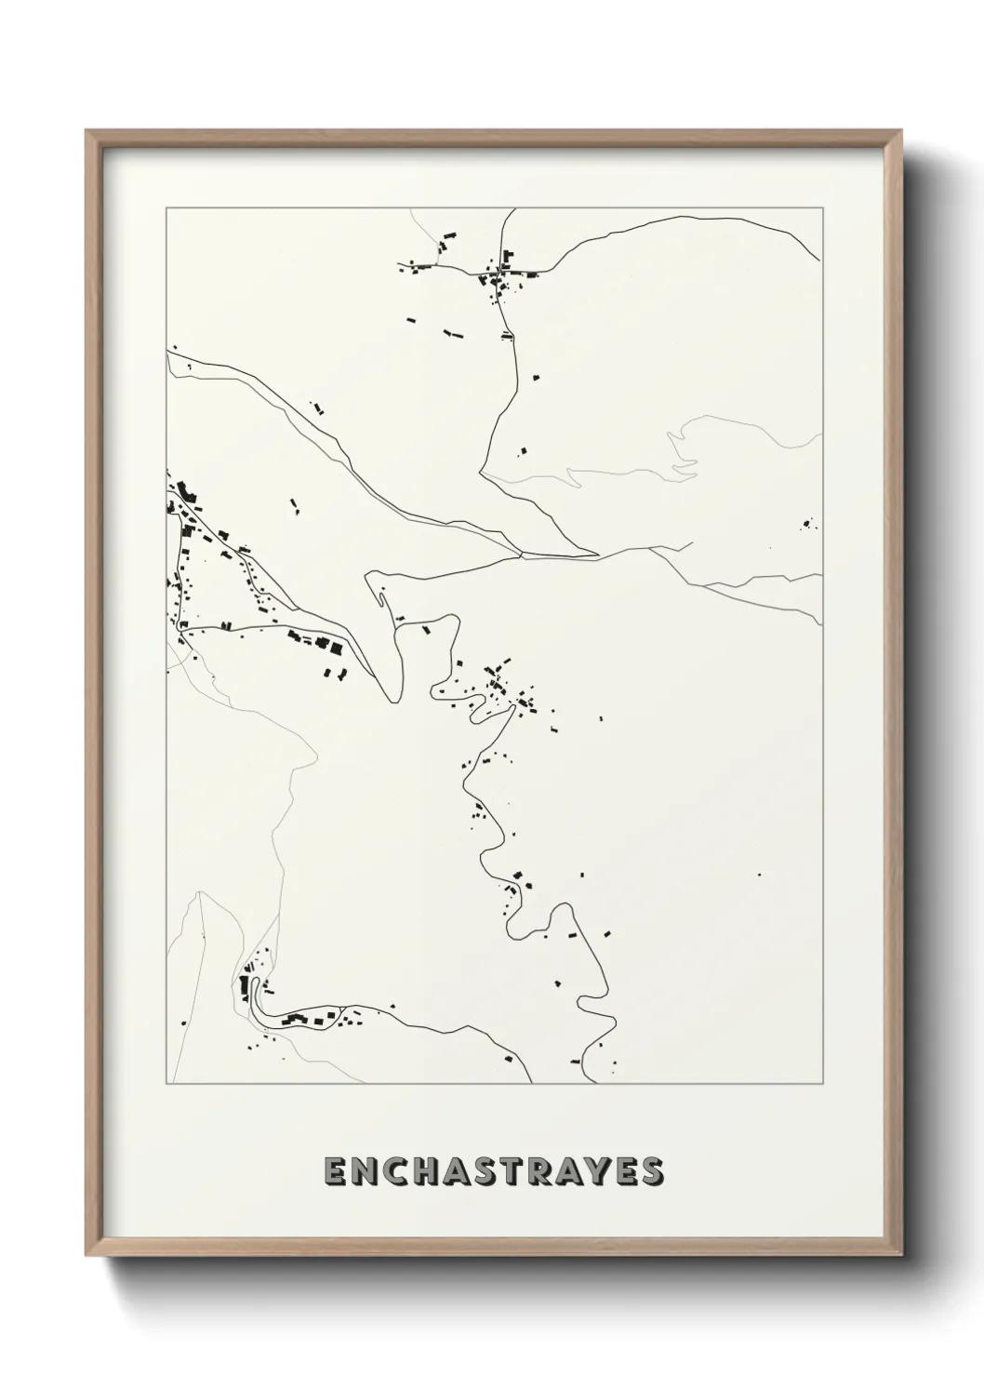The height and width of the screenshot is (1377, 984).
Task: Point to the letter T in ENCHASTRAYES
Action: pyautogui.click(x=523, y=1171)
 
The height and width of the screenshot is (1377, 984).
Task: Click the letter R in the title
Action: pyautogui.click(x=554, y=1171)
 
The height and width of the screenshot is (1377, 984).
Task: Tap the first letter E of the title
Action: pyautogui.click(x=336, y=1171)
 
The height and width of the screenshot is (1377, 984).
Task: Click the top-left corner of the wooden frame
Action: pyautogui.click(x=86, y=131)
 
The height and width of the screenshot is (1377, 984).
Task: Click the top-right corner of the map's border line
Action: pyautogui.click(x=821, y=208)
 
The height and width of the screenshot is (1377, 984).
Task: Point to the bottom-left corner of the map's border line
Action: pyautogui.click(x=166, y=1084)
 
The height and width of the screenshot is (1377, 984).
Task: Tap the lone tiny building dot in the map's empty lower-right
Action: pyautogui.click(x=759, y=875)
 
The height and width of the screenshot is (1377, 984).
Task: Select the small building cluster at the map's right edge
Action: pyautogui.click(x=807, y=524)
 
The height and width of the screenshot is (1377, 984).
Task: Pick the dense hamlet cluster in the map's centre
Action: pyautogui.click(x=502, y=689)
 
